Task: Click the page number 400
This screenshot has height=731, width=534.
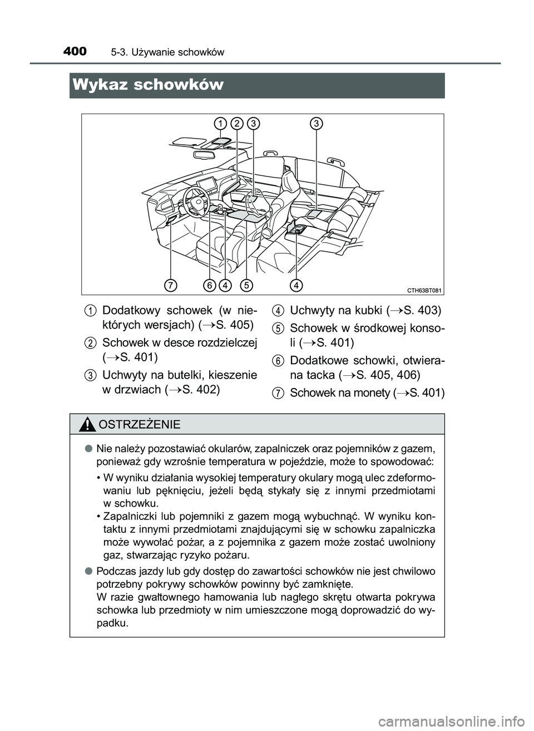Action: [x=75, y=52]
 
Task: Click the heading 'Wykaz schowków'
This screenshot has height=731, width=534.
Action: [x=147, y=85]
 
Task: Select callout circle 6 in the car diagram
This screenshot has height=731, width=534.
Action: [x=210, y=285]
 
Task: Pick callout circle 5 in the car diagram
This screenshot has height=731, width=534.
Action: [x=246, y=285]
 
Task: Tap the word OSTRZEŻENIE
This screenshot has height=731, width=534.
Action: [x=139, y=425]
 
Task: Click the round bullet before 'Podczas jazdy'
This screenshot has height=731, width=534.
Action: [x=88, y=572]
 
